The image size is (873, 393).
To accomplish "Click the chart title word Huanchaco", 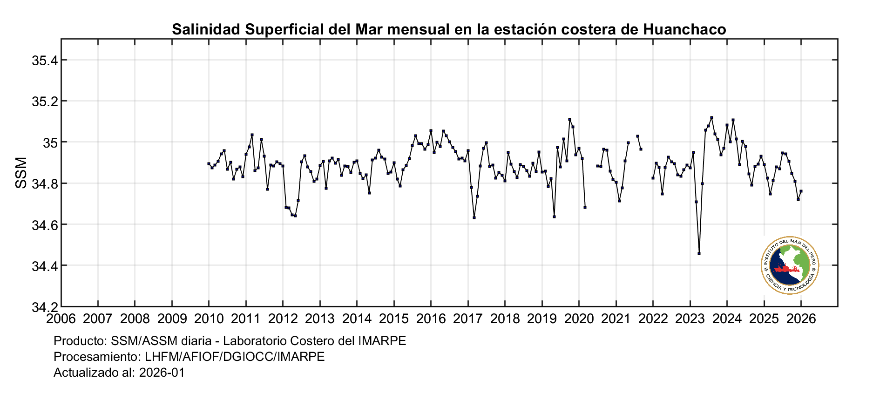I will tap(684, 29).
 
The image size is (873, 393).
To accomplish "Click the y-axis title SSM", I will tap(21, 173).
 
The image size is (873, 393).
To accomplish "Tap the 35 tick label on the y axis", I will tap(49, 142).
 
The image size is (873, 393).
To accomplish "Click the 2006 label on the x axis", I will tap(61, 319).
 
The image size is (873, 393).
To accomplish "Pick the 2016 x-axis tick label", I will tap(431, 319).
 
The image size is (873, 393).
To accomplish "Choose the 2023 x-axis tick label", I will tap(690, 319).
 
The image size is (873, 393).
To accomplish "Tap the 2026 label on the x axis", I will tap(801, 319).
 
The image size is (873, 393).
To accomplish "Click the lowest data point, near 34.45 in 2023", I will tap(699, 253).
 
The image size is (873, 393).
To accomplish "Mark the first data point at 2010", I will tap(209, 163).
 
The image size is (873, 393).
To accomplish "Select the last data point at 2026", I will tap(801, 191).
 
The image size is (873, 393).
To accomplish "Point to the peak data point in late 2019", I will tap(569, 119).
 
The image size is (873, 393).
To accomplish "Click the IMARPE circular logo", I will tap(790, 265).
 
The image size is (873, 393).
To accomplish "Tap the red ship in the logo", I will tap(786, 269).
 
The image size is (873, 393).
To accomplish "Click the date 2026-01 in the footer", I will tap(162, 373).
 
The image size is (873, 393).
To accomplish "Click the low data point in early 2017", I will tap(474, 217).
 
